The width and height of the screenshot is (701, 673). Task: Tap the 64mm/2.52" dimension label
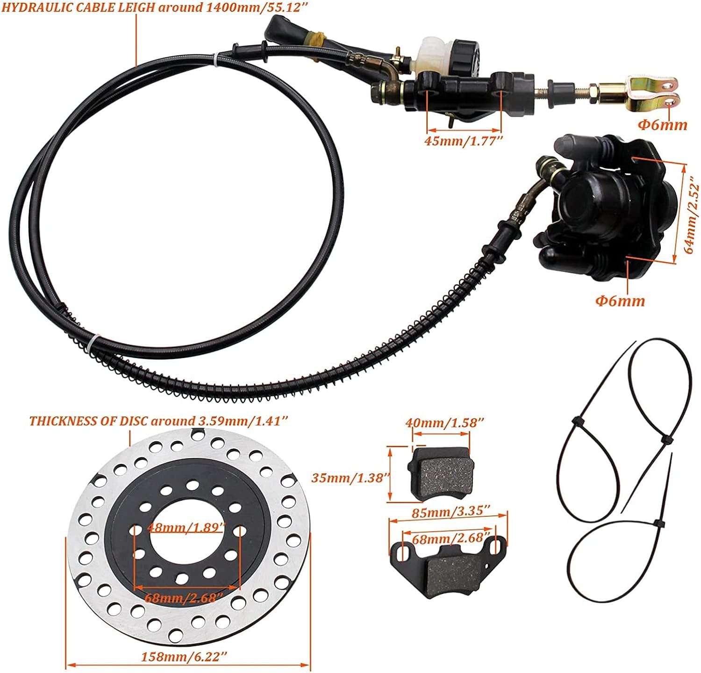[x=692, y=217]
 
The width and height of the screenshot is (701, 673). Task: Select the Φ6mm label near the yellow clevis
[x=663, y=125]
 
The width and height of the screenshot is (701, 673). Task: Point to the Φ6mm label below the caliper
[x=620, y=301]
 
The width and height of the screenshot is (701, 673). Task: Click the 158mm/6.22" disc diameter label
[x=184, y=657]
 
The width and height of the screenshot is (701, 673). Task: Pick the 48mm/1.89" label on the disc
[x=186, y=528]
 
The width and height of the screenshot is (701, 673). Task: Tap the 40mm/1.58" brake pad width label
[x=444, y=422]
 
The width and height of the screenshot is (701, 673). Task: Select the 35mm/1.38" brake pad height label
[x=350, y=478]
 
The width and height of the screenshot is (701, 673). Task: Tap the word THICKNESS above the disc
[x=64, y=421]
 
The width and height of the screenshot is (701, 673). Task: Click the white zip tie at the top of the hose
[x=215, y=61]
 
